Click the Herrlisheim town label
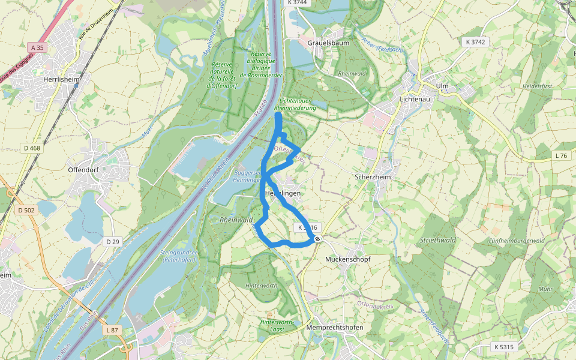(62, 79)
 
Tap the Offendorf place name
(83, 170)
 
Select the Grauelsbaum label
(328, 44)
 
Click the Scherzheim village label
(373, 177)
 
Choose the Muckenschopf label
(347, 259)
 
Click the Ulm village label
(443, 86)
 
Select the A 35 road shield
(36, 47)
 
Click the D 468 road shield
(32, 148)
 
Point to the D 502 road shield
(27, 210)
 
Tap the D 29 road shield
(113, 241)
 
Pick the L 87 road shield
(112, 330)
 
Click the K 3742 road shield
(475, 42)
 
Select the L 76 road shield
(561, 155)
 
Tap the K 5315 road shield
(504, 347)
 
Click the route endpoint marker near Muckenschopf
(317, 239)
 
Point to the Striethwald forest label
(438, 240)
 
